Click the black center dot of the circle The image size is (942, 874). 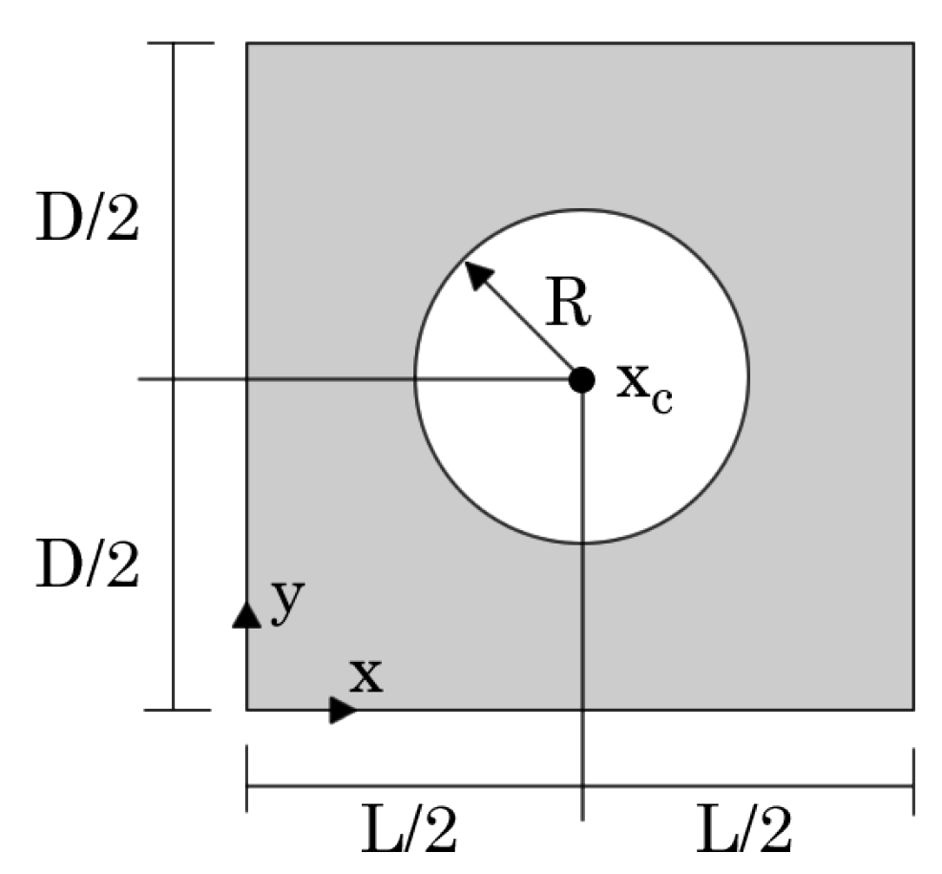581,379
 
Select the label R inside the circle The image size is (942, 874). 569,305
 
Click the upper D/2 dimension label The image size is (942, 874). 87,220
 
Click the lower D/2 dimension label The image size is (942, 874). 87,566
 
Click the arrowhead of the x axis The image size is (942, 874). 343,710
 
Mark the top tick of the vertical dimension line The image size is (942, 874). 174,43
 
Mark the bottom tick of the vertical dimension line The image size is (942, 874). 174,710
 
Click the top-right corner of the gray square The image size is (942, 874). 913,43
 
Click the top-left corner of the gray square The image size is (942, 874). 247,43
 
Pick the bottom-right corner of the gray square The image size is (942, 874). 913,710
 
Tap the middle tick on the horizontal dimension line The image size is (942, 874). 581,787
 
